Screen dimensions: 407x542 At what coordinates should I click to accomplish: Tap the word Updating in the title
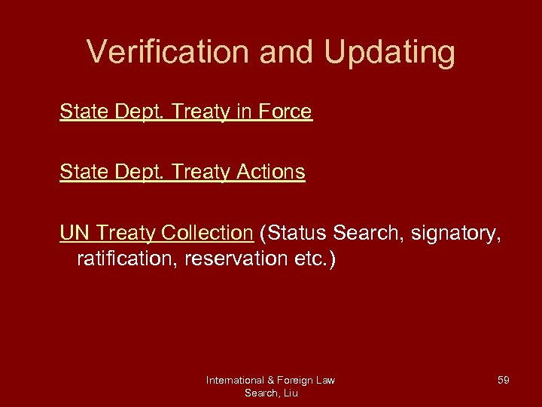pos(390,53)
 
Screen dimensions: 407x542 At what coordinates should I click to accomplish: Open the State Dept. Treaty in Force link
pos(185,112)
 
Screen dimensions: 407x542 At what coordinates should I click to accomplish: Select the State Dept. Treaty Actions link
pos(182,172)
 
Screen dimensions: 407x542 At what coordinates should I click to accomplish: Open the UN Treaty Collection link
pos(156,233)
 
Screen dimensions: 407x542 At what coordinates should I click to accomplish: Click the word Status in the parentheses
pos(293,233)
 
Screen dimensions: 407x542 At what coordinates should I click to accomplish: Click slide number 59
pos(503,380)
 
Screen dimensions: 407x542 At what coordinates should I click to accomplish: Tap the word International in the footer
pos(234,380)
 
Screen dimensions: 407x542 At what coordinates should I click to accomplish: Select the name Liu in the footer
pos(290,393)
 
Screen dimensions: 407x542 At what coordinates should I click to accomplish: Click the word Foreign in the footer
pos(297,380)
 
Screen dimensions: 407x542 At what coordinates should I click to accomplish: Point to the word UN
pos(75,233)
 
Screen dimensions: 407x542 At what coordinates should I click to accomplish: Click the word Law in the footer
pos(326,380)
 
